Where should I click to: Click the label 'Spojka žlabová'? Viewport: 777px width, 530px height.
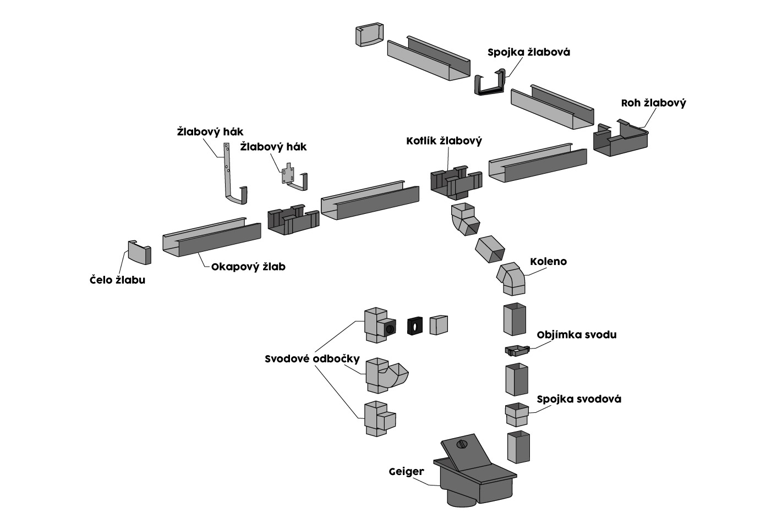[528, 52]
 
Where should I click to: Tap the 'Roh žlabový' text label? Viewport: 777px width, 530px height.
[653, 103]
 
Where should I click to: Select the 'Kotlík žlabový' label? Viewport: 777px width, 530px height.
[444, 141]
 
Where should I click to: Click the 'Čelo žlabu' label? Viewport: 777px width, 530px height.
[117, 280]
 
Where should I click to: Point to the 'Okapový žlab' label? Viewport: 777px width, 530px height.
[248, 267]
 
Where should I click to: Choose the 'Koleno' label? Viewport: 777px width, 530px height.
[548, 261]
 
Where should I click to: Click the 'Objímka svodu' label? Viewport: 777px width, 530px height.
[576, 334]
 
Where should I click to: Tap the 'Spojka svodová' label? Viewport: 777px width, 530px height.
[579, 399]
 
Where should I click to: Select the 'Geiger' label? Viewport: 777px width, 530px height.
[406, 471]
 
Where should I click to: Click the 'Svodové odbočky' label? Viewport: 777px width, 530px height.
[312, 359]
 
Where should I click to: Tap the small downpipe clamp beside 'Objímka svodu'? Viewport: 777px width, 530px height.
[516, 350]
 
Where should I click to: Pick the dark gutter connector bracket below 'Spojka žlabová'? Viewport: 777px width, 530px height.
[490, 84]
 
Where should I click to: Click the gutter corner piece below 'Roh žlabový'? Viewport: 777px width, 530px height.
[620, 140]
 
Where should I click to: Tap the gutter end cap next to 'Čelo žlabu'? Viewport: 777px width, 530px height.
[139, 252]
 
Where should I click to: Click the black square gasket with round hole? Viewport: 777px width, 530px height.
[414, 325]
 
